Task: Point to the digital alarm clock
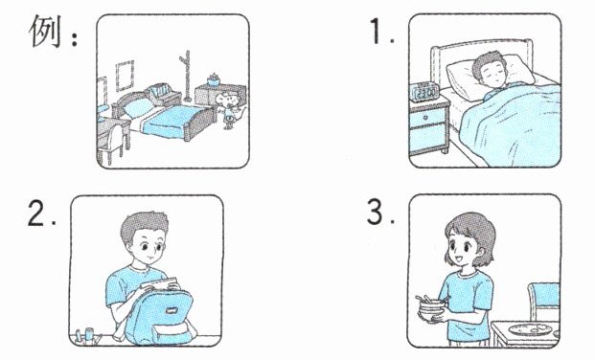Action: pyautogui.click(x=424, y=92)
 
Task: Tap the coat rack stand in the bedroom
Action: pyautogui.click(x=186, y=76)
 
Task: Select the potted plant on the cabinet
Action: pyautogui.click(x=214, y=79)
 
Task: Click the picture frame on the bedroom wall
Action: pyautogui.click(x=125, y=76)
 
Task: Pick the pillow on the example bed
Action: pyautogui.click(x=137, y=108)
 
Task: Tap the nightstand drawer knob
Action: pyautogui.click(x=425, y=117)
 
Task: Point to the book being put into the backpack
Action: pyautogui.click(x=159, y=283)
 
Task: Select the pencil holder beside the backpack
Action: pyautogui.click(x=88, y=336)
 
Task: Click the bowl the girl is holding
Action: pyautogui.click(x=431, y=310)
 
